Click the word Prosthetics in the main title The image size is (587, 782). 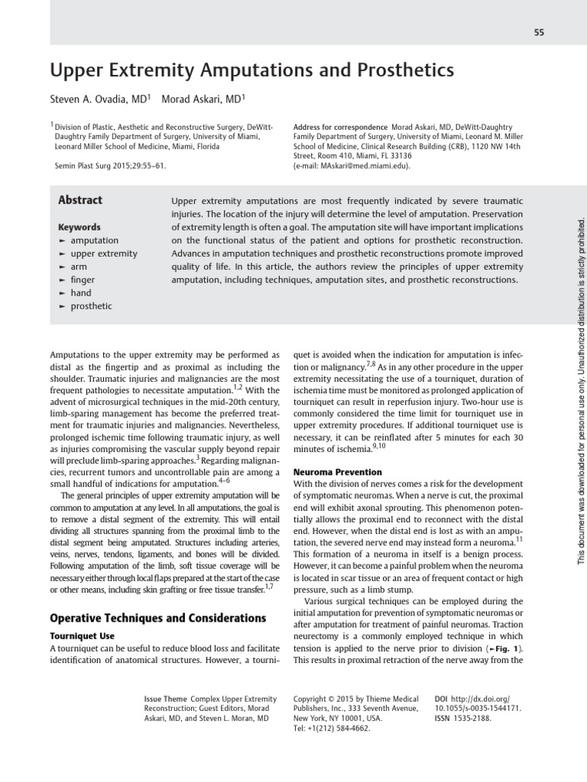400,71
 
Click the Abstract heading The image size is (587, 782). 80,200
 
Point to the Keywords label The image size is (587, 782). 79,227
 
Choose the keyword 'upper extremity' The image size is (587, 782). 104,254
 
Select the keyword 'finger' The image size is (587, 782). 83,280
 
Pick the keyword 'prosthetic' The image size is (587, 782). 91,306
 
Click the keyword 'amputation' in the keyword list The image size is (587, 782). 94,241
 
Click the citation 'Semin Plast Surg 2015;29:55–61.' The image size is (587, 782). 110,165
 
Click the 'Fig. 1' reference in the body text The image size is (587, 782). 502,648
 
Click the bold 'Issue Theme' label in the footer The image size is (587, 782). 165,699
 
